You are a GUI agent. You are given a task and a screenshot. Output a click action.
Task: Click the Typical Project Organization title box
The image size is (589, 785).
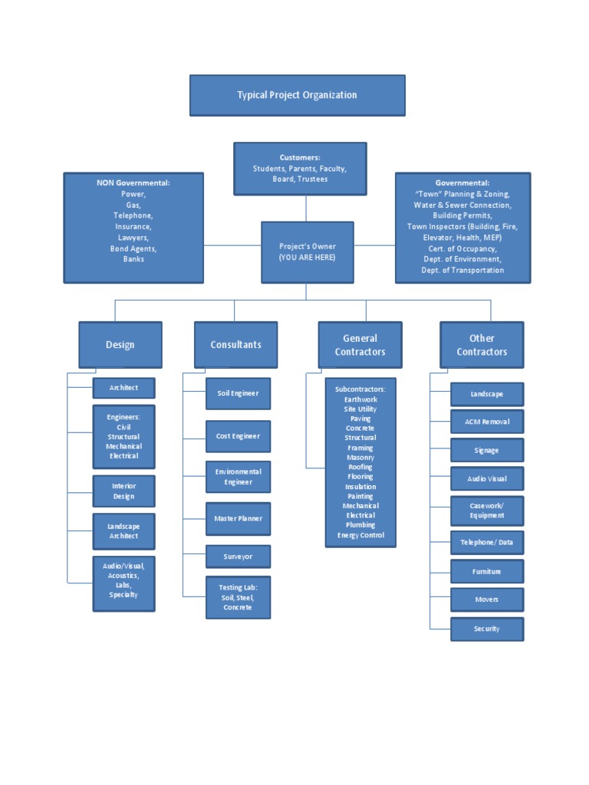(x=297, y=95)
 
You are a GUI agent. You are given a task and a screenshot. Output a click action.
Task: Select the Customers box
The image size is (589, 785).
(x=300, y=168)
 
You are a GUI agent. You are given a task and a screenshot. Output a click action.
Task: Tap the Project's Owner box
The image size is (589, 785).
(x=307, y=252)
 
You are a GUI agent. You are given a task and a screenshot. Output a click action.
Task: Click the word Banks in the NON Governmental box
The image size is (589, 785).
(x=133, y=259)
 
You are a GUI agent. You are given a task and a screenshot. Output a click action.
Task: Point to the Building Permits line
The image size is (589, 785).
(x=462, y=216)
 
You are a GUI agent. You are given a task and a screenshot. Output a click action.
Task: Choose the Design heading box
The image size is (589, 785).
(x=120, y=345)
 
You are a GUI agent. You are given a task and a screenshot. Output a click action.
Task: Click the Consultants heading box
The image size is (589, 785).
(x=235, y=345)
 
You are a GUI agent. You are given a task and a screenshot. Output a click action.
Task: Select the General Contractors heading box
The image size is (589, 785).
(x=360, y=345)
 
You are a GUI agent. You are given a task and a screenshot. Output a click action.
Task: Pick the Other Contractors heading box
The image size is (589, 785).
(x=482, y=345)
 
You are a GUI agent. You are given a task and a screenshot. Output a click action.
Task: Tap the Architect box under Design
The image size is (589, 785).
(x=123, y=388)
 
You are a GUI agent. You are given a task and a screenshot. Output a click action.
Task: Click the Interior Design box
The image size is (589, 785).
(x=123, y=491)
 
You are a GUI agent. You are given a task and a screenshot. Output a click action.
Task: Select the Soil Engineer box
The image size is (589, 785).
(x=238, y=393)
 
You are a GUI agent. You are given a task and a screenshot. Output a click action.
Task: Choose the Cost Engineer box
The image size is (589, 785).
(x=238, y=436)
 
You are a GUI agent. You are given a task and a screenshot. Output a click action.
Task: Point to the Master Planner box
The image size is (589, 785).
(x=238, y=519)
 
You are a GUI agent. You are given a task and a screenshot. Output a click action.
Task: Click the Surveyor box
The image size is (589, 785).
(x=238, y=557)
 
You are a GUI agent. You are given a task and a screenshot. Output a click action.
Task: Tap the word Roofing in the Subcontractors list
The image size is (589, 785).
(x=360, y=467)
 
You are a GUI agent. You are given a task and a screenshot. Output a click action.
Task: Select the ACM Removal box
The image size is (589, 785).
(x=487, y=422)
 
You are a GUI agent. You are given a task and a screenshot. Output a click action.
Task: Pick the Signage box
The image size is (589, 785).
(x=487, y=450)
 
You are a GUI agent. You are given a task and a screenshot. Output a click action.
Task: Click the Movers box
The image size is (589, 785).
(x=487, y=599)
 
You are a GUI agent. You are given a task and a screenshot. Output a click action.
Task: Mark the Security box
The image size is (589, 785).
(x=487, y=629)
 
